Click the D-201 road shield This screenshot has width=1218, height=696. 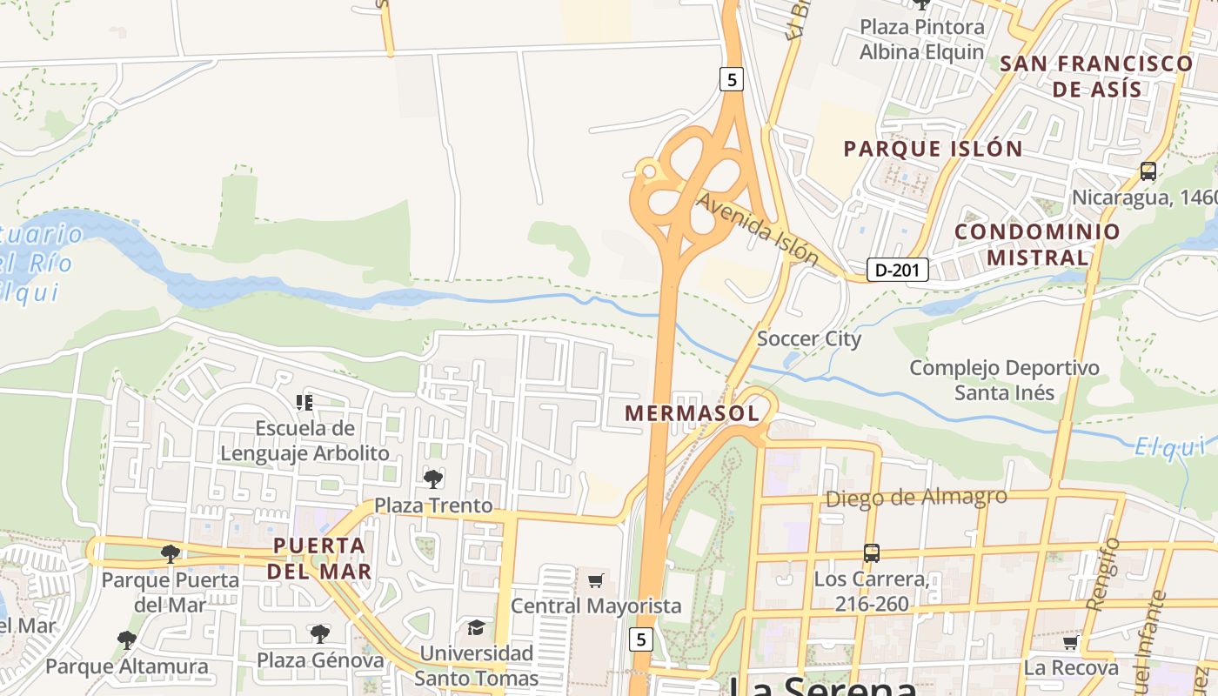[897, 270]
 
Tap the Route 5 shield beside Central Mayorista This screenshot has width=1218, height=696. [641, 639]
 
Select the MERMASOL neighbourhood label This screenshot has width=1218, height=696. [692, 413]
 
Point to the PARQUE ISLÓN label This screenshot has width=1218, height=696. [933, 149]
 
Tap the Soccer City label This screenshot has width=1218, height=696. [809, 338]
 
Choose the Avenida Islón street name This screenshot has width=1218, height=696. [758, 229]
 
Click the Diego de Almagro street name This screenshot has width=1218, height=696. [916, 498]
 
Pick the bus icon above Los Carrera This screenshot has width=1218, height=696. [871, 552]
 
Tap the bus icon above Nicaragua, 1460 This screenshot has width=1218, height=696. [1148, 171]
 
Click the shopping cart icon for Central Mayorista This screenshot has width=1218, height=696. [596, 580]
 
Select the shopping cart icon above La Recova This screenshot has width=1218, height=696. [1070, 642]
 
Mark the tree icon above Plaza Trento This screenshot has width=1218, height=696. [432, 478]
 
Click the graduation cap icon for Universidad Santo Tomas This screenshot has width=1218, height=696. [476, 627]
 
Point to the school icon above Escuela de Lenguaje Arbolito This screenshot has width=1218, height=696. [304, 402]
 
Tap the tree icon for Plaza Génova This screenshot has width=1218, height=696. [320, 633]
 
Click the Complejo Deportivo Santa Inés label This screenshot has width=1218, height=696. [1005, 380]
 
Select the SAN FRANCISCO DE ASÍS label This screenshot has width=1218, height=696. [1096, 76]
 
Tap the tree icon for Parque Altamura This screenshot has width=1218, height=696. [127, 640]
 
